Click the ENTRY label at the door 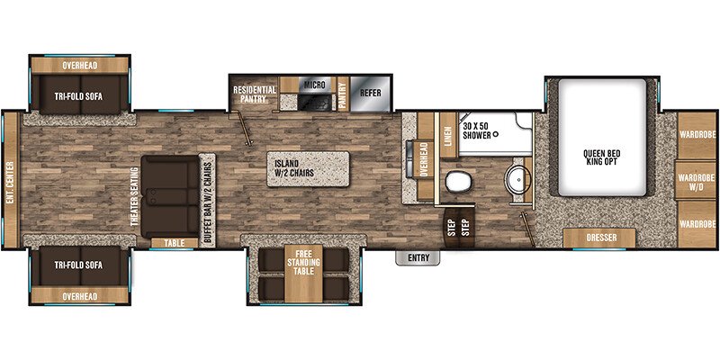click(x=418, y=258)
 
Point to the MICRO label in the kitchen click(x=314, y=85)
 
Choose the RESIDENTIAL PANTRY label click(x=254, y=97)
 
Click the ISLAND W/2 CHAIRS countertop click(x=308, y=168)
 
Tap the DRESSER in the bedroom click(x=599, y=238)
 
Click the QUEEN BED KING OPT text click(x=598, y=158)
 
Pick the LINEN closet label click(x=446, y=136)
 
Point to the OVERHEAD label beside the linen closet click(x=421, y=160)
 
